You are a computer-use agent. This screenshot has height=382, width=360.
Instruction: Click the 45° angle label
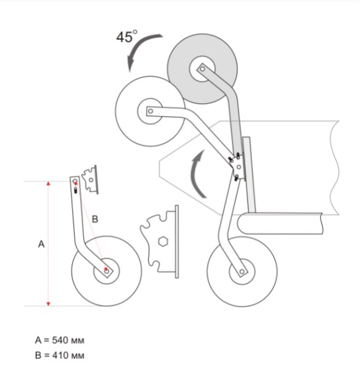127,37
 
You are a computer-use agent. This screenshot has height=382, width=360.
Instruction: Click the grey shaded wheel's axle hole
202,69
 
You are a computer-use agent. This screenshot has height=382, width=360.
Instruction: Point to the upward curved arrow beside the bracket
196,174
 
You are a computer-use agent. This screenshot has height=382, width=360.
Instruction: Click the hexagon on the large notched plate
163,241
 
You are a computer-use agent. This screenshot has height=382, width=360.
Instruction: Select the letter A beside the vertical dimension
42,244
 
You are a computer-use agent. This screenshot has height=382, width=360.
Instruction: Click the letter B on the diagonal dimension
95,219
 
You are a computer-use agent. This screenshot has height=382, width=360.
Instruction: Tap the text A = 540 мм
60,340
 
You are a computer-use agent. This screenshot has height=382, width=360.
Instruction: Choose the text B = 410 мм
60,356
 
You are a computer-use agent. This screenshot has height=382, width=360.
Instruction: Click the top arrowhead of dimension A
48,183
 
